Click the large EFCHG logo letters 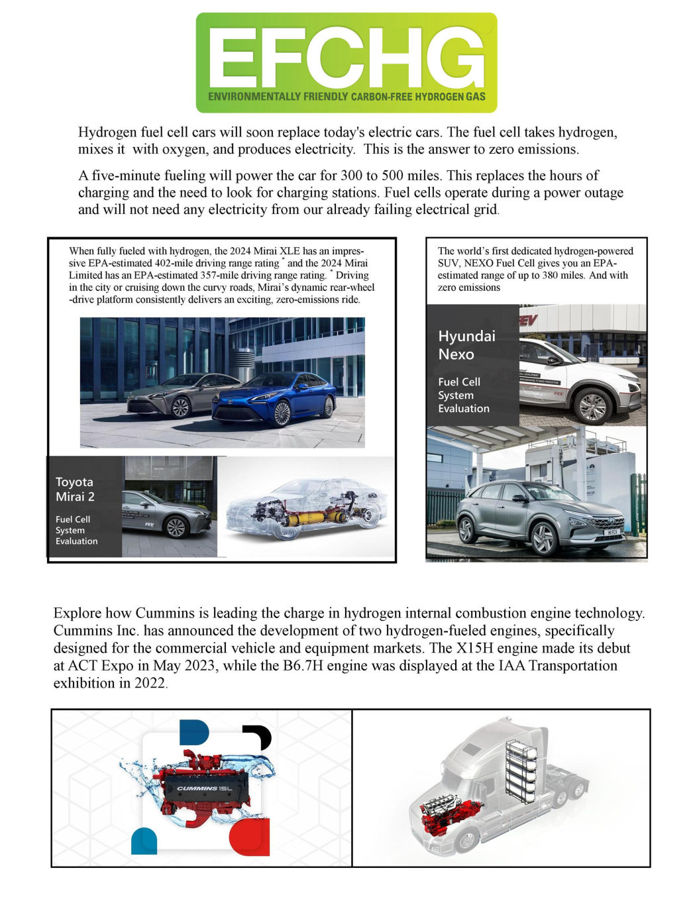pyautogui.click(x=346, y=58)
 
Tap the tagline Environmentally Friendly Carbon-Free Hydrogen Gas pyautogui.click(x=346, y=97)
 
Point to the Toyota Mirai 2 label pyautogui.click(x=75, y=490)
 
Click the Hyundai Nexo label pyautogui.click(x=466, y=345)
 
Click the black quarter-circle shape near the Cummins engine pyautogui.click(x=259, y=736)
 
